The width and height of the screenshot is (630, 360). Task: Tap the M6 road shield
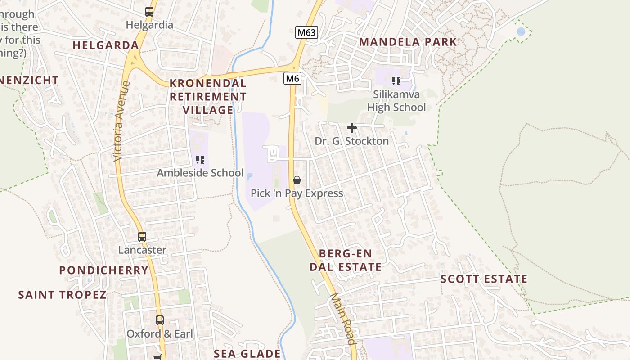[292, 79]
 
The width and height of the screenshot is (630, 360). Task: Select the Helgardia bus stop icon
[149, 12]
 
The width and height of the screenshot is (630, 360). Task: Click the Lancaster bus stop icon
[142, 236]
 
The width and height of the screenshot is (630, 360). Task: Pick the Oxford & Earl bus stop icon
[160, 320]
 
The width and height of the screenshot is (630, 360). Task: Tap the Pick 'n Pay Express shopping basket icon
[297, 180]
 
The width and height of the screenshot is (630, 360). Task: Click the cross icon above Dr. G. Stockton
[352, 128]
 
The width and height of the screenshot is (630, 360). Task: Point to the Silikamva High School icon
[396, 81]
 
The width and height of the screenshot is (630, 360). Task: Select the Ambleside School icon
[200, 159]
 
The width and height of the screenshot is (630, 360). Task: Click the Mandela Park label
[408, 42]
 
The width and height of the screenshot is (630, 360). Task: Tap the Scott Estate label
[484, 279]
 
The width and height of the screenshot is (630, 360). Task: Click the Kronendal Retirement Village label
[208, 96]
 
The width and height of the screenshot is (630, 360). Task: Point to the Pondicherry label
[103, 270]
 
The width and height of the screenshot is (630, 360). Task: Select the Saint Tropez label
[62, 295]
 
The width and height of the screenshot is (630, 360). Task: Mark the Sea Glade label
[247, 353]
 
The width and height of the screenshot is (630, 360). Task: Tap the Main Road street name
[343, 319]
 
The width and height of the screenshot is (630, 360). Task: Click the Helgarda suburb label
[106, 45]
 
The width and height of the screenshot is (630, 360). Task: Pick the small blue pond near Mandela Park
[521, 32]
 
